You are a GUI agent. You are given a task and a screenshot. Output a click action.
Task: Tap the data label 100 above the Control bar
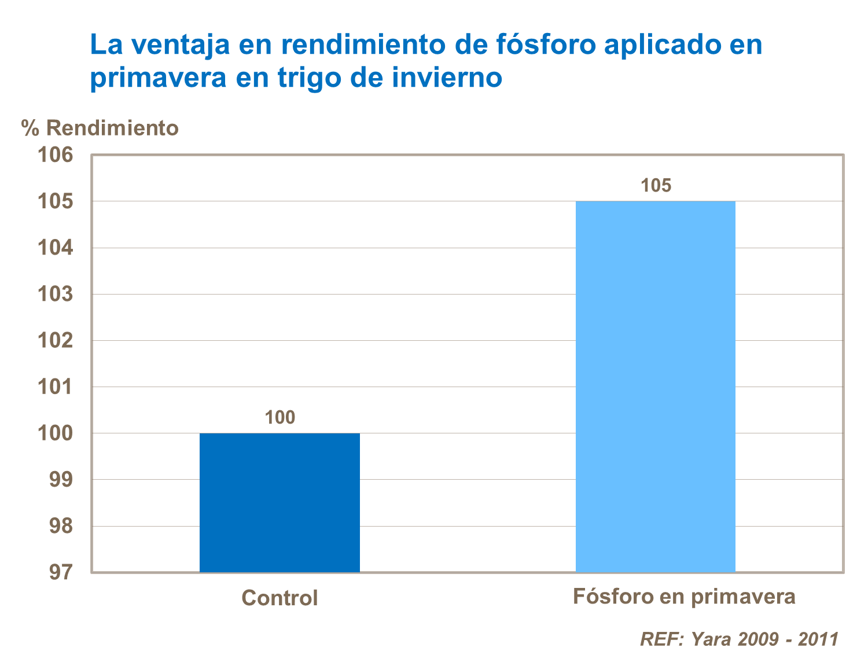click(x=280, y=417)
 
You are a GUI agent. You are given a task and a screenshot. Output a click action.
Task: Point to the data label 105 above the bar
click(x=656, y=185)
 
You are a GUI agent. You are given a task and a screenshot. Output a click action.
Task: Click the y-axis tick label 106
click(x=56, y=155)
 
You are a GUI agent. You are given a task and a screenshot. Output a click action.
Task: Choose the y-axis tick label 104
click(x=56, y=248)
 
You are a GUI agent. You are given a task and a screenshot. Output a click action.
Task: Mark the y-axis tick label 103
click(x=56, y=294)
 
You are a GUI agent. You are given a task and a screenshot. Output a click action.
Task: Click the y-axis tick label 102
click(x=56, y=340)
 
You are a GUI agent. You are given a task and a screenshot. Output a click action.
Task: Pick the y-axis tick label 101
click(x=56, y=387)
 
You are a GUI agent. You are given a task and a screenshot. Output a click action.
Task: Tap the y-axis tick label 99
click(x=61, y=480)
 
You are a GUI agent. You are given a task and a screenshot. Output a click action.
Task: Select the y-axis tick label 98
click(x=61, y=526)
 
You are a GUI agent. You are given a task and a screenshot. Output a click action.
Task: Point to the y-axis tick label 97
click(x=61, y=572)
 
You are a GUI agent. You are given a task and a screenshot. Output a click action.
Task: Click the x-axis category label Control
click(x=279, y=598)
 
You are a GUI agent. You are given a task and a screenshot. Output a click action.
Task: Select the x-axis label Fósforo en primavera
click(x=684, y=597)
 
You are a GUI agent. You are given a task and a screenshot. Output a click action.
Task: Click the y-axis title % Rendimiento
click(x=100, y=128)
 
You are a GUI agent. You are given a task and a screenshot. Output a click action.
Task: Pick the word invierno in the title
click(x=447, y=78)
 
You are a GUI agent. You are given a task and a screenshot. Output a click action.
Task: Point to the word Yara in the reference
click(x=712, y=639)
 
